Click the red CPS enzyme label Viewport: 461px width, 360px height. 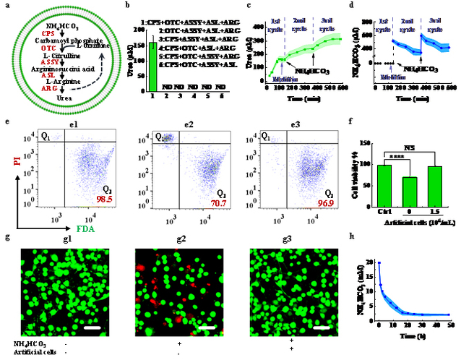48,33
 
